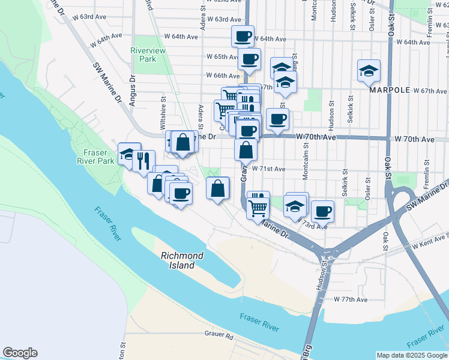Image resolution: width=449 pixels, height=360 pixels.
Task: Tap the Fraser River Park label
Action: (95, 157)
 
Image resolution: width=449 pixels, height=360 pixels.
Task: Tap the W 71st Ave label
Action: (268, 169)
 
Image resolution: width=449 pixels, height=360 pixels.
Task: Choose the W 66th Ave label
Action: (223, 76)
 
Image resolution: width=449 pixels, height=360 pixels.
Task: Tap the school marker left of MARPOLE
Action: (368, 71)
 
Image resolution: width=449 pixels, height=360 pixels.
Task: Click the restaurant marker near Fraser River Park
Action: (143, 160)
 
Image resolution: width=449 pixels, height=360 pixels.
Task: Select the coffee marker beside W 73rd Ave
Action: (322, 211)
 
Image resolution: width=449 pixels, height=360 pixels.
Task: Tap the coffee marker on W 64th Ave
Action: (243, 36)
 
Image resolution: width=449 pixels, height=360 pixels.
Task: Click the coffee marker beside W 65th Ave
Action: (249, 59)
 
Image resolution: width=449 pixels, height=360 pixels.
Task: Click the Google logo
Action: (20, 353)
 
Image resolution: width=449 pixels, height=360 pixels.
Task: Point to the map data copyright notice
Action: (411, 355)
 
